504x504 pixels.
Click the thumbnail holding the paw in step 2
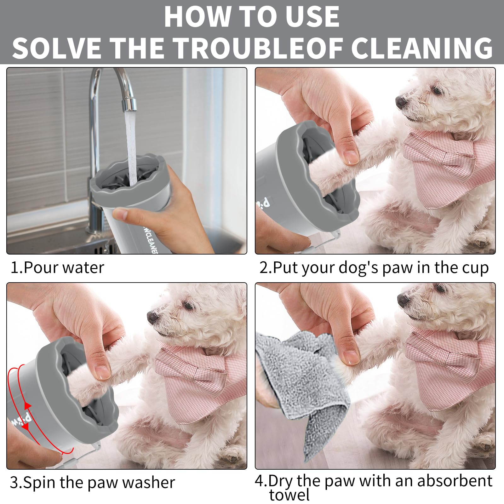coord(351,157)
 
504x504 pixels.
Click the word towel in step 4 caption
coord(289,495)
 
